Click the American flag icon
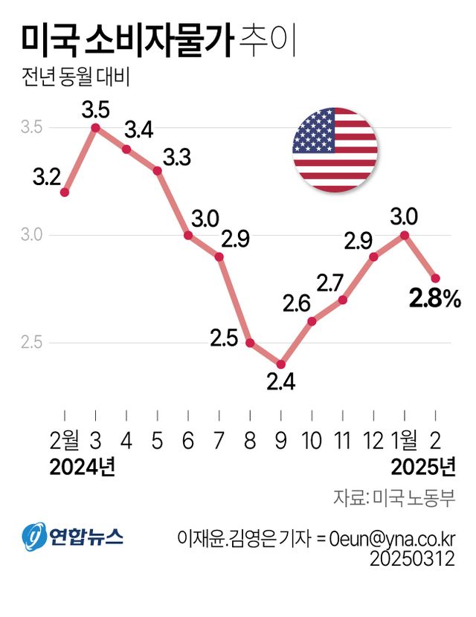(335, 149)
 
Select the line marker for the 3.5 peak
(96, 128)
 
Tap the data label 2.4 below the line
(281, 382)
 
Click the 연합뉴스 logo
(72, 534)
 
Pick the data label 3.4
(138, 131)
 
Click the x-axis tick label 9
(280, 442)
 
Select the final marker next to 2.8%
(436, 278)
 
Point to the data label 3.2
(47, 178)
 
